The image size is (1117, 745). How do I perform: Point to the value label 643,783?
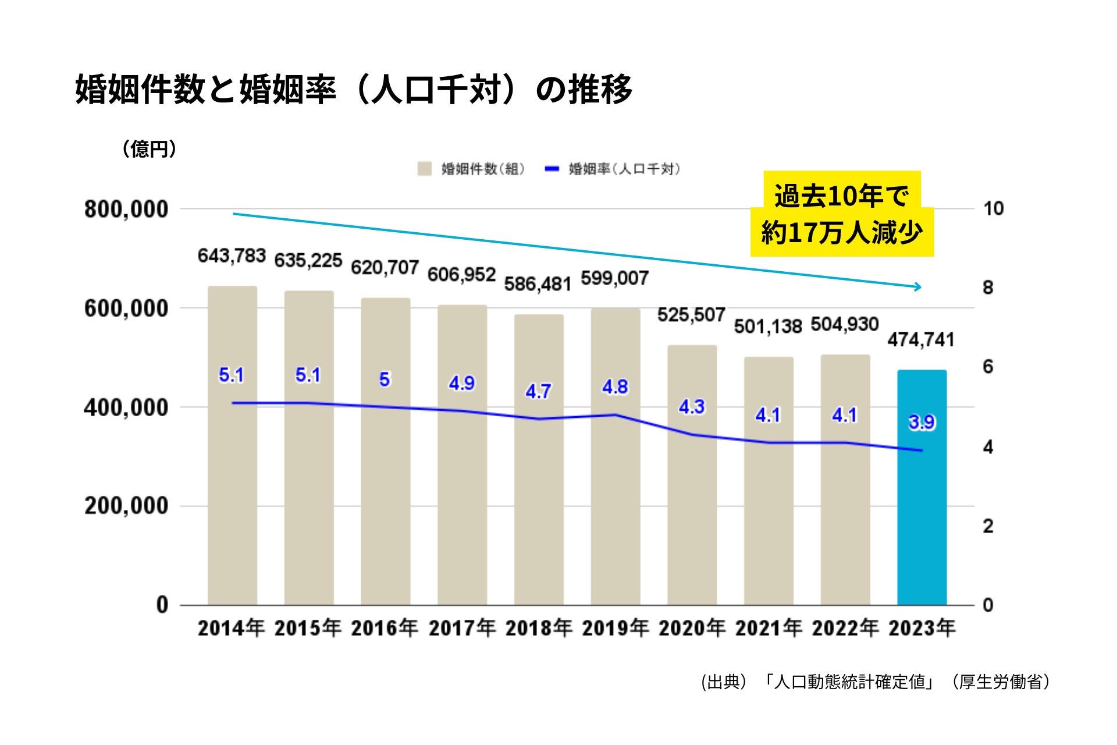pos(232,256)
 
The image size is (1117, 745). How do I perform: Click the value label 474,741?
pos(921,339)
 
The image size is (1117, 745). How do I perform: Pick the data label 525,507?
pos(691,315)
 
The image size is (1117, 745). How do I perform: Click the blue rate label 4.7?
pos(538,391)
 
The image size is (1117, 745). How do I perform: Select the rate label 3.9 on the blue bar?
pos(922,422)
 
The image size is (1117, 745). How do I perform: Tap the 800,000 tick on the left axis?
pos(126,210)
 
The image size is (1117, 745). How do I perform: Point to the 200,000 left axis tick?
pos(126,506)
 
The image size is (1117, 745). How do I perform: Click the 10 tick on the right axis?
pos(993,208)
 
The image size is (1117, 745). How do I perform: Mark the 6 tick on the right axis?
pos(988,367)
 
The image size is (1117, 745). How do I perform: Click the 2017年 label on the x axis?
pos(462,628)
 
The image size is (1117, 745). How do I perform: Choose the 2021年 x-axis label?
pos(769,628)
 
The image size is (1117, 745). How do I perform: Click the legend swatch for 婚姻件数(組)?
pos(424,169)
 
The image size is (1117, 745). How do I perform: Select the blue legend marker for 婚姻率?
pos(552,169)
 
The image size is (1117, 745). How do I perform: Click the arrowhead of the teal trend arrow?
pos(919,286)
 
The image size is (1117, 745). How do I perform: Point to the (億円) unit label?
pos(149,149)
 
